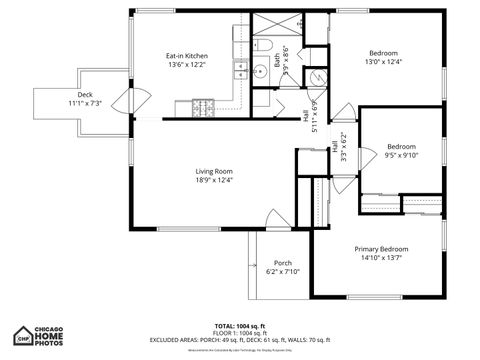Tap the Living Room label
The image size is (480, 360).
214,171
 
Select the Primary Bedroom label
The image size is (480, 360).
381,248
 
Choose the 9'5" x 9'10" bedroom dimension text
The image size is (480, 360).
400,155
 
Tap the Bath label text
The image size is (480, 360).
276,61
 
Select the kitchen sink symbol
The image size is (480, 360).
241,69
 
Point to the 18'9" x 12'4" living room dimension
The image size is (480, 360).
214,180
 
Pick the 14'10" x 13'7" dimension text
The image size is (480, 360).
381,257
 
